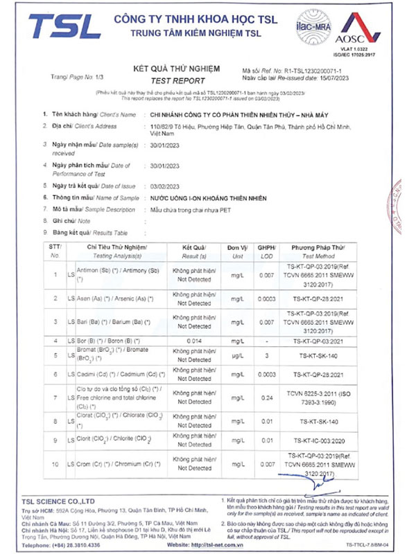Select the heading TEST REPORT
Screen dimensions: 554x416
pos(175,80)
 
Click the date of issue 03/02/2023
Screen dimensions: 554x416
pos(165,186)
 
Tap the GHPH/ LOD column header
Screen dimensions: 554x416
pos(267,251)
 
